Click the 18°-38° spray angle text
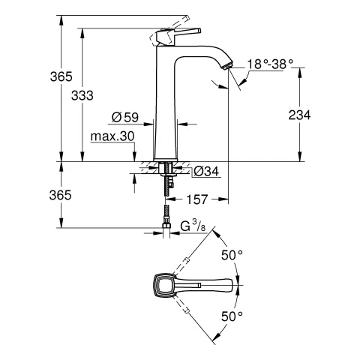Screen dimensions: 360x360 click(271, 64)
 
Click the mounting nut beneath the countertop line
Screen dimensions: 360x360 click(166, 169)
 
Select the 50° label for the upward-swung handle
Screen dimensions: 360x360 click(232, 254)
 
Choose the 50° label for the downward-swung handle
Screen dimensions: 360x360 click(232, 316)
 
